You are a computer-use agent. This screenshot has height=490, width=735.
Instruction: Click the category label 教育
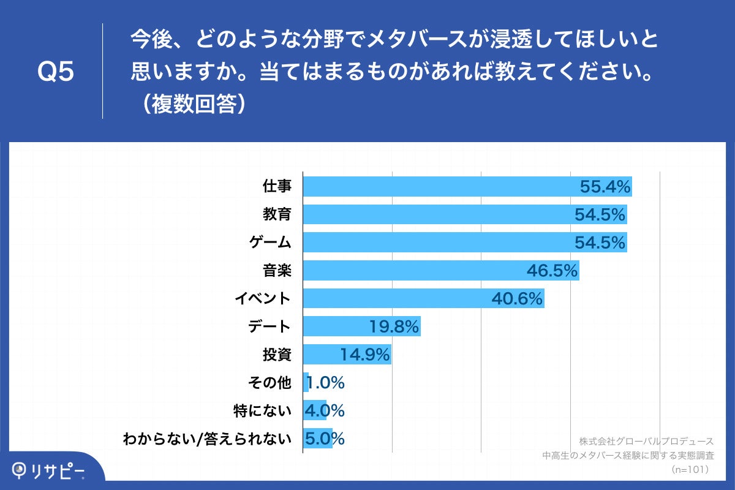pyautogui.click(x=277, y=214)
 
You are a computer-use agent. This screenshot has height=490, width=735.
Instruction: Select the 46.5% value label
pyautogui.click(x=552, y=271)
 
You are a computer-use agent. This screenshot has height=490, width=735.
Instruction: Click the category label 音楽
pyautogui.click(x=277, y=271)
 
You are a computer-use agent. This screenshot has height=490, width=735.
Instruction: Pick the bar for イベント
pyautogui.click(x=398, y=299)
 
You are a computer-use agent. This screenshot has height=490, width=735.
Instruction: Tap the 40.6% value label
pyautogui.click(x=518, y=299)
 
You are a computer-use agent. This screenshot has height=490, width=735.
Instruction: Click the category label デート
pyautogui.click(x=269, y=326)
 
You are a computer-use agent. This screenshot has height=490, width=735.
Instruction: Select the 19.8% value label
pyautogui.click(x=394, y=326)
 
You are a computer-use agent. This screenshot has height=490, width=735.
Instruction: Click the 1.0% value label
pyautogui.click(x=326, y=383)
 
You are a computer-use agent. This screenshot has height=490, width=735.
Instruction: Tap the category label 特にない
pyautogui.click(x=262, y=410)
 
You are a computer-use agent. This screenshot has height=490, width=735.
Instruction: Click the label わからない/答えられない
pyautogui.click(x=206, y=439)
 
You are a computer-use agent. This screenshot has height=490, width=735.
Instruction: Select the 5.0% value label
pyautogui.click(x=325, y=439)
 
